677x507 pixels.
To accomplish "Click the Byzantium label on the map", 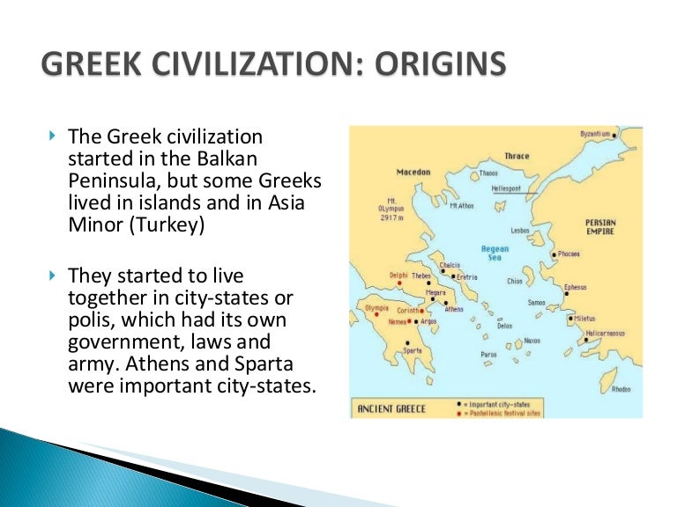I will [x=594, y=133].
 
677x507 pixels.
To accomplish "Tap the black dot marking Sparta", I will [x=406, y=342].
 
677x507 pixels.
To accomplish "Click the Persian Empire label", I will [x=600, y=227].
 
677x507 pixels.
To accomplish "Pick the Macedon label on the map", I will [x=412, y=172].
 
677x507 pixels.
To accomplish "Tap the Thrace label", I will [x=517, y=157].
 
